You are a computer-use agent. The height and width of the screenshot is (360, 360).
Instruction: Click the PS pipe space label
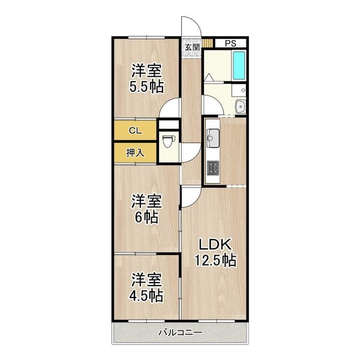pos(230,43)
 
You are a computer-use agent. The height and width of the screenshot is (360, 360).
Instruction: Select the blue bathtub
pos(239,65)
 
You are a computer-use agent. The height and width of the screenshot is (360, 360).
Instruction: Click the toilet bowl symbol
pos(169,141)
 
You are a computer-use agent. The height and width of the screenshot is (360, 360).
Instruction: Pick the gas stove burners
pos(213,167)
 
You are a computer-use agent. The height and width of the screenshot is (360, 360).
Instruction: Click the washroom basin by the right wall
pos(241,106)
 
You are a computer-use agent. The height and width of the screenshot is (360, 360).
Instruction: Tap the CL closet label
pos(135,131)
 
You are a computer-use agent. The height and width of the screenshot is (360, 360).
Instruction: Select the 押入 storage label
pos(135,152)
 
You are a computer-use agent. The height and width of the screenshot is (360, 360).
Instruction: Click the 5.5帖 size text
pos(146,87)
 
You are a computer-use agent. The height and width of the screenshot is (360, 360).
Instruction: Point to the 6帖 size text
pos(146,217)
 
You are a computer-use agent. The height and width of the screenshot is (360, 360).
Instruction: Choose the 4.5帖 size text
pos(146,296)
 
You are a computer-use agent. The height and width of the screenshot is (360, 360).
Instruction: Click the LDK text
pos(215,244)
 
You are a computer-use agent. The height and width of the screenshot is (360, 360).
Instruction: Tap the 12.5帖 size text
pos(215,260)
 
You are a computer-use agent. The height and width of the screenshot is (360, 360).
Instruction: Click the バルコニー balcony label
pos(181,332)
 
